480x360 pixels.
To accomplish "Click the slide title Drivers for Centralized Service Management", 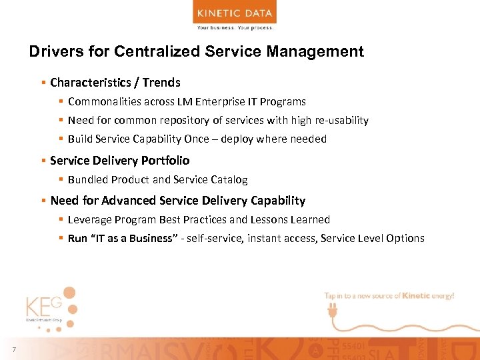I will (x=197, y=52).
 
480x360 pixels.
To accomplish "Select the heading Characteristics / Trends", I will (x=115, y=83).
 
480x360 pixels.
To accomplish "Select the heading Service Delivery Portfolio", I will (x=119, y=161).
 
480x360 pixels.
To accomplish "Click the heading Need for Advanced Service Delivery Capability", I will (x=177, y=201).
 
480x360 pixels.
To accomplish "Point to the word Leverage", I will (x=90, y=220).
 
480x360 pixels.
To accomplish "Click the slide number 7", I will (x=13, y=351).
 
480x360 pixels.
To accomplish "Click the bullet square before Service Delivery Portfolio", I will (x=43, y=161).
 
